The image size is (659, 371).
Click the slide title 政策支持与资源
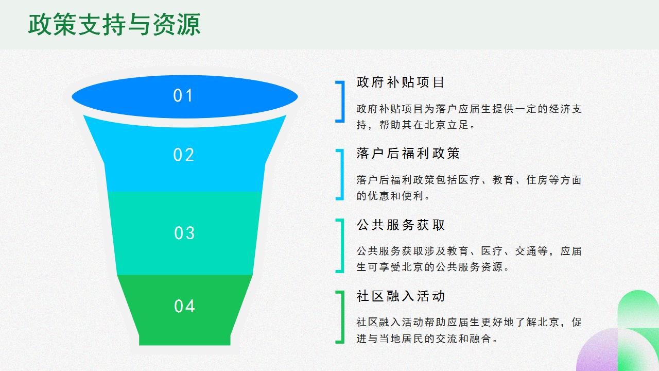point(114,25)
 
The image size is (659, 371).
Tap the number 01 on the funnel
point(183,96)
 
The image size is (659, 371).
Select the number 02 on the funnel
point(183,155)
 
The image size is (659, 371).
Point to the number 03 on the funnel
point(184,233)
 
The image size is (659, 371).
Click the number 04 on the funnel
point(184,307)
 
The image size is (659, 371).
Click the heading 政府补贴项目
point(401,82)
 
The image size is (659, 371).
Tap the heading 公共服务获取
point(401,225)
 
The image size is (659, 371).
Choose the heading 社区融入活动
point(401,296)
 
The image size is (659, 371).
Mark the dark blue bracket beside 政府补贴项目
point(341,102)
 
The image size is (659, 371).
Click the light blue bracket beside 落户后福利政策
point(341,174)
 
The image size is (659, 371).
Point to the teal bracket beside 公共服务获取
point(341,246)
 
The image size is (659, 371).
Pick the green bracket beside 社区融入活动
point(341,317)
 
